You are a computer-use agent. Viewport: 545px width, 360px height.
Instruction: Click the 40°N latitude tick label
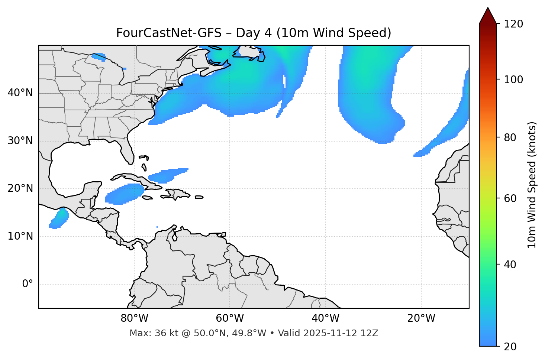click(20, 93)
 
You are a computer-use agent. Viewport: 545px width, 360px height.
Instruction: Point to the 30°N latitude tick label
click(20, 141)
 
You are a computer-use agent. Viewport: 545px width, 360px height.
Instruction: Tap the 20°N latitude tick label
click(20, 188)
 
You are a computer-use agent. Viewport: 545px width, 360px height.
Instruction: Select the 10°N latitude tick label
click(20, 236)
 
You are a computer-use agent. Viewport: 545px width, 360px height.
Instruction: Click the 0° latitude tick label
click(28, 284)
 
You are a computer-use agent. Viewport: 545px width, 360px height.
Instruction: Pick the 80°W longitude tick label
click(134, 318)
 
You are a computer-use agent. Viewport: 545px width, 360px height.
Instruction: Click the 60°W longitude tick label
click(230, 318)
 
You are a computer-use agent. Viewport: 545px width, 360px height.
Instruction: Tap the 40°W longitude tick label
click(325, 318)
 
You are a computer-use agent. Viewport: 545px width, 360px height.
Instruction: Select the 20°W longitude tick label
click(421, 318)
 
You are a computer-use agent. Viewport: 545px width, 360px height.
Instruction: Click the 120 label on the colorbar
click(513, 24)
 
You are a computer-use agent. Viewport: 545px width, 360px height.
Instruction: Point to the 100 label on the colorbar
click(513, 80)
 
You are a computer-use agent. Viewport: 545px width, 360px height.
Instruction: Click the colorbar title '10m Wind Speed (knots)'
click(532, 185)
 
